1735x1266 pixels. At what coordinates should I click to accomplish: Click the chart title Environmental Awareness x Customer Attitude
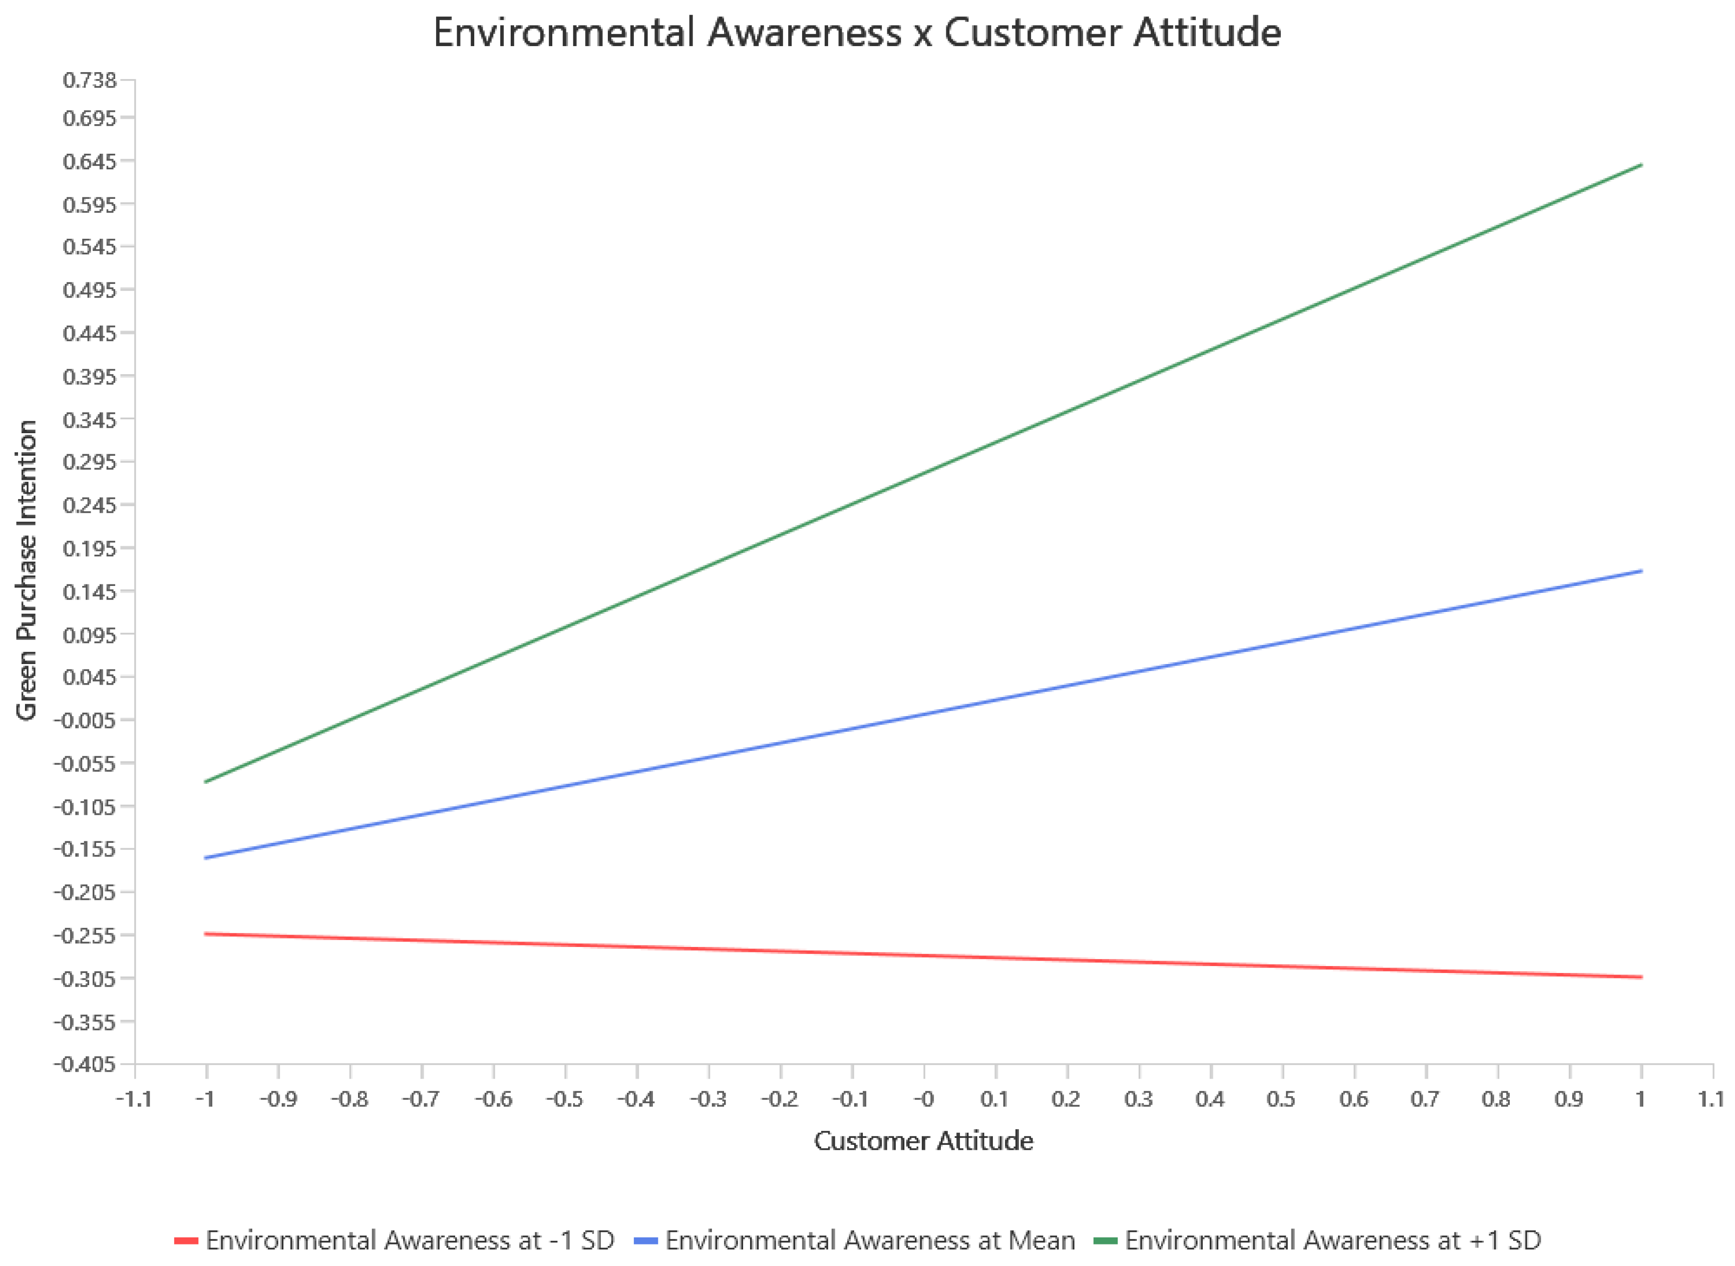click(x=857, y=33)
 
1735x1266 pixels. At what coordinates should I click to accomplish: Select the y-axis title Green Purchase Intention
click(x=27, y=570)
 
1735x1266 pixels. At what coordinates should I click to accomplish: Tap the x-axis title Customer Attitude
click(x=923, y=1141)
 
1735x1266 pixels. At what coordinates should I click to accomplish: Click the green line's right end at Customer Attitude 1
click(x=1641, y=165)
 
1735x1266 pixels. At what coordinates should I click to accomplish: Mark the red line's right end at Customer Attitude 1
click(x=1641, y=977)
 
